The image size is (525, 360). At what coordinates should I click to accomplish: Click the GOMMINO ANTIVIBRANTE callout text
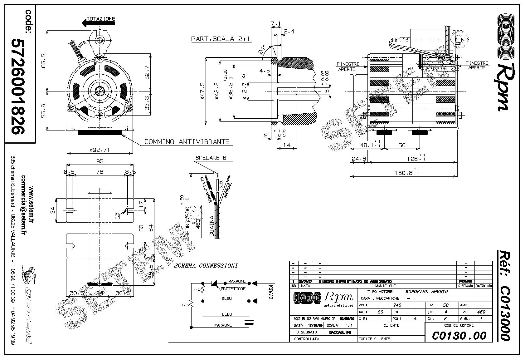coord(187,142)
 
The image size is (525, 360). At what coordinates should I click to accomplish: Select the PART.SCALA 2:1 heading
coord(221,39)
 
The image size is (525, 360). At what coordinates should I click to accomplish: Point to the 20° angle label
coord(262,50)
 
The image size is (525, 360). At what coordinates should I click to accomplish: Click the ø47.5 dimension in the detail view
coord(202,91)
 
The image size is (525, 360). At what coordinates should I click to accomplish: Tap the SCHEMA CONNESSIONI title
coord(206,266)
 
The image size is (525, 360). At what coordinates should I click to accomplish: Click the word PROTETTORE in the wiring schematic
coord(233,289)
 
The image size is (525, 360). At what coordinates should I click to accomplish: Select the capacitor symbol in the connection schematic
coord(249,322)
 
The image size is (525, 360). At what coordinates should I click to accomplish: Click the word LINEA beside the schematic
coord(271,292)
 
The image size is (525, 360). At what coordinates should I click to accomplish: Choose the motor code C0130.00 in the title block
coord(459,336)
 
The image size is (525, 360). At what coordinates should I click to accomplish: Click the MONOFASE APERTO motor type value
coord(426,292)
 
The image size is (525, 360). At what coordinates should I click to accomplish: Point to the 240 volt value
coord(396,305)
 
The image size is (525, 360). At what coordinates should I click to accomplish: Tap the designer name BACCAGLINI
coord(340,332)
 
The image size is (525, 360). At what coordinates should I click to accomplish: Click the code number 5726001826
coord(18,86)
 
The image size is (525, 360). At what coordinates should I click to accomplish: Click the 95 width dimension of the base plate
coord(100,161)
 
